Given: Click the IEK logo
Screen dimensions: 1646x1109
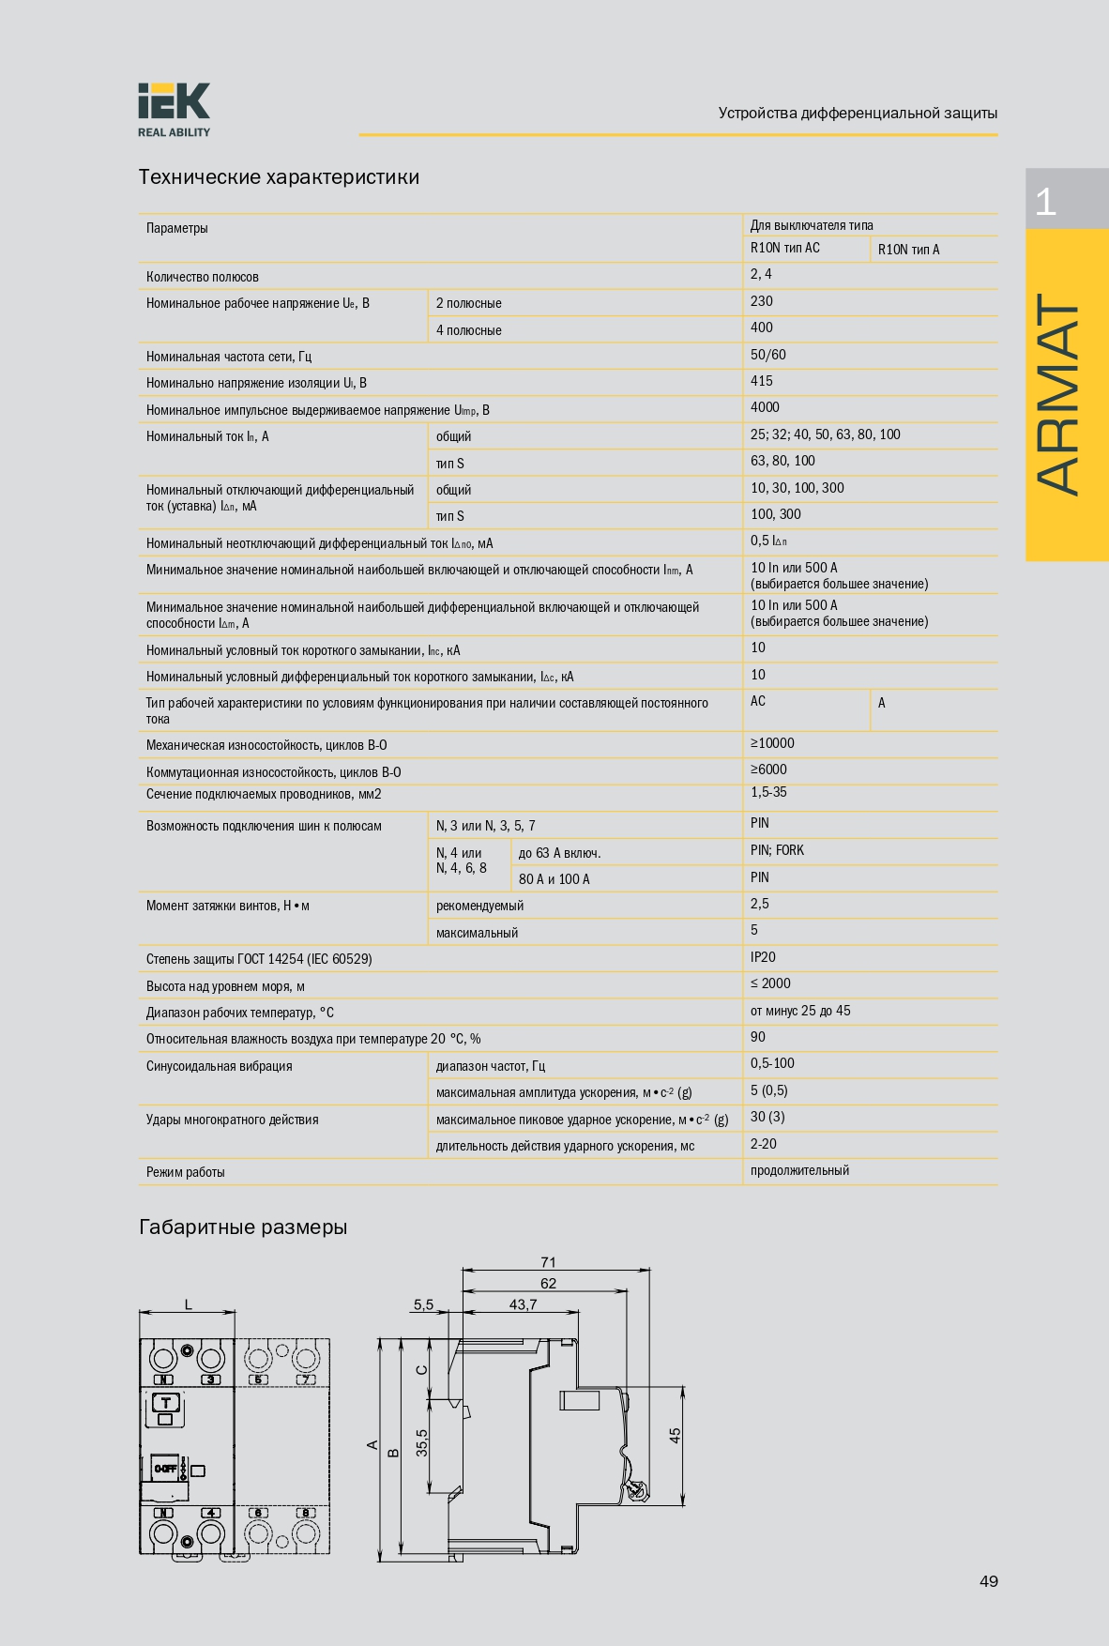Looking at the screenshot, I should tap(174, 109).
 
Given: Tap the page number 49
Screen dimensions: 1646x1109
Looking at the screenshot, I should tap(988, 1581).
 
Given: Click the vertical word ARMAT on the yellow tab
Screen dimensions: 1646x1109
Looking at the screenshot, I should tap(1059, 394).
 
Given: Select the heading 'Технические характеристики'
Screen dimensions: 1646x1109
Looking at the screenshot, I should tap(279, 177).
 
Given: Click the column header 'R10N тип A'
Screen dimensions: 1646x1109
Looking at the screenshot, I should tap(908, 250).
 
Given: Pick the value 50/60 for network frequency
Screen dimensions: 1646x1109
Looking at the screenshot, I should tap(767, 355).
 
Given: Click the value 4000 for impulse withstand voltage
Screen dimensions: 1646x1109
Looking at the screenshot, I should tap(765, 407).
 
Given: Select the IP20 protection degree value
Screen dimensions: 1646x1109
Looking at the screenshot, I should tap(763, 957).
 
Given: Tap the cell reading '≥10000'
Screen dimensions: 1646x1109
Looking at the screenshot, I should tap(772, 743).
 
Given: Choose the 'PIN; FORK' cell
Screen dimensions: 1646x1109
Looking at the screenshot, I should tap(777, 850).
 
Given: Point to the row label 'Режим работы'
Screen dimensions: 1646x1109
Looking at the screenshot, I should tap(186, 1172).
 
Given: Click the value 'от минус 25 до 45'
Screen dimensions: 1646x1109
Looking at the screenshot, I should tap(800, 1011).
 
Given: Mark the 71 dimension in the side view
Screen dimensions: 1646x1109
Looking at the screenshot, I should tap(548, 1262).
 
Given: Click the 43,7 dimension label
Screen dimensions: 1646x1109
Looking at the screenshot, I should tap(523, 1304).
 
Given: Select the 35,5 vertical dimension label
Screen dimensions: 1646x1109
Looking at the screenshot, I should tap(422, 1442).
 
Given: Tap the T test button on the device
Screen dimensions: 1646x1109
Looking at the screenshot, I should tap(165, 1403).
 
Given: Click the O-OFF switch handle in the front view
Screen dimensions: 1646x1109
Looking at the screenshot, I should tap(165, 1469).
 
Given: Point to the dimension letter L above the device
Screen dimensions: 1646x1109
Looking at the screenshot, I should tap(188, 1304).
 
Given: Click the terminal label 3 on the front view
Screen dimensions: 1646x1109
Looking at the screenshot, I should tap(211, 1379).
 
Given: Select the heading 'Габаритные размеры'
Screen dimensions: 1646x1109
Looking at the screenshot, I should tap(243, 1227).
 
